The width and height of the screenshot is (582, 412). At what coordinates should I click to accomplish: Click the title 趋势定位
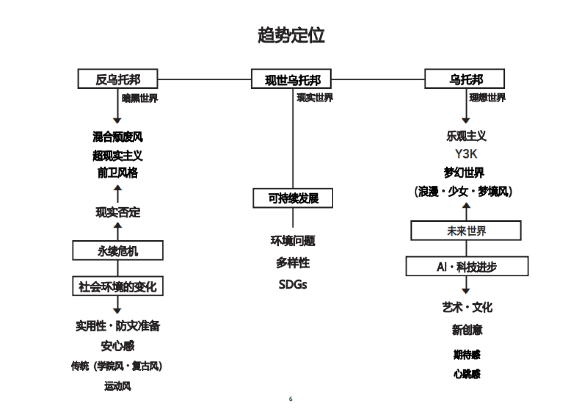(x=291, y=35)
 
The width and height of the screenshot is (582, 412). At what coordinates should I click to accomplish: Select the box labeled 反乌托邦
(x=118, y=79)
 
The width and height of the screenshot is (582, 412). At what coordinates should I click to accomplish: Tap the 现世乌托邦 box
(x=292, y=79)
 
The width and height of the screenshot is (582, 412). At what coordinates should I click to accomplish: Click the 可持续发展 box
(x=293, y=198)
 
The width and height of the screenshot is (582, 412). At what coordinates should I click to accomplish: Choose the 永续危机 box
(x=118, y=251)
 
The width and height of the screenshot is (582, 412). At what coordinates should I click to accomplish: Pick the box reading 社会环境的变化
(x=118, y=286)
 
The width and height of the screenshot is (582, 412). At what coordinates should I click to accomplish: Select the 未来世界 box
(x=466, y=231)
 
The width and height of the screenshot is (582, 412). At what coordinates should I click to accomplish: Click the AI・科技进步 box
(x=467, y=266)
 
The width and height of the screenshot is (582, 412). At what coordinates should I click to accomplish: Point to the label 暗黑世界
(x=140, y=98)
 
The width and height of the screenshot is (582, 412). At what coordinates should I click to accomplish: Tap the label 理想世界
(x=487, y=98)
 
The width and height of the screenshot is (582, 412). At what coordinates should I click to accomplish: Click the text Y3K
(x=466, y=154)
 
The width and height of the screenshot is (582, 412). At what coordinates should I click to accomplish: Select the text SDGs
(x=293, y=284)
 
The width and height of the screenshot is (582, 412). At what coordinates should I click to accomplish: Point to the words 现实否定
(x=118, y=212)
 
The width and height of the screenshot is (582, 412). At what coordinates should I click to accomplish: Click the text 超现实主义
(x=118, y=155)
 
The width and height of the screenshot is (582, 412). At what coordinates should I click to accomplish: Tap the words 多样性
(x=293, y=263)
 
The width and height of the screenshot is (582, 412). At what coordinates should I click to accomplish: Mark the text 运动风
(x=118, y=386)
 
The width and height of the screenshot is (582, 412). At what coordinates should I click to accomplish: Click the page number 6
(x=291, y=399)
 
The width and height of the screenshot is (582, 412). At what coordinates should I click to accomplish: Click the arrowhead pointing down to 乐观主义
(x=466, y=120)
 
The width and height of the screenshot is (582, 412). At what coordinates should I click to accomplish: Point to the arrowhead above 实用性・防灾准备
(x=117, y=311)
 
